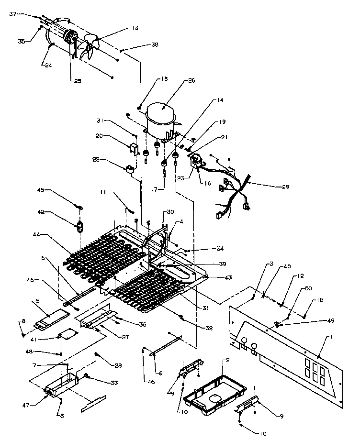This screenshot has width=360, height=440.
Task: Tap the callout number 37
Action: (x=13, y=14)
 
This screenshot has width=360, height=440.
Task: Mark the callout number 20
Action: (x=99, y=136)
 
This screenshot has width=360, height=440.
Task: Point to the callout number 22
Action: (x=96, y=160)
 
